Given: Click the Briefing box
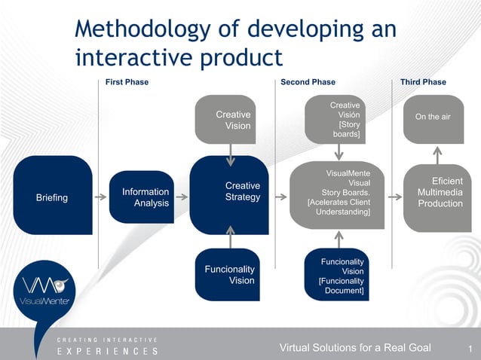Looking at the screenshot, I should click(52, 197).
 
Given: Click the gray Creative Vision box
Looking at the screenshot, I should click(229, 120).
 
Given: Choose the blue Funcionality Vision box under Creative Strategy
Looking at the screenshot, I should click(229, 274).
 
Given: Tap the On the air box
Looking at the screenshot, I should click(434, 118).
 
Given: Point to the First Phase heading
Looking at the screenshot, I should click(127, 82).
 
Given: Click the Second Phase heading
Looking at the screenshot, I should click(308, 82).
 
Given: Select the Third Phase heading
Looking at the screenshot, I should click(423, 82).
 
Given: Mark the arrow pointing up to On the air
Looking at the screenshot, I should click(435, 154).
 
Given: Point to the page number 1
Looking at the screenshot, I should click(469, 348).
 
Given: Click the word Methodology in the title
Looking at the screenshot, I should click(144, 29).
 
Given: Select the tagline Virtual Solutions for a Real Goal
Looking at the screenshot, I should click(355, 347).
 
